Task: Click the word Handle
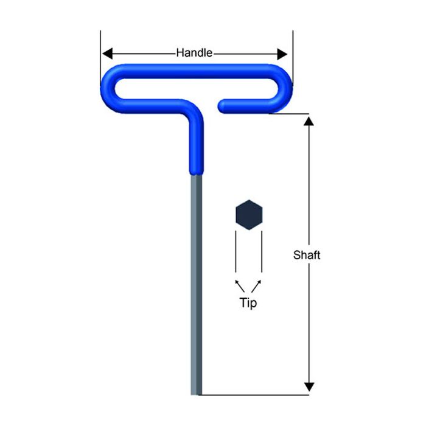coord(194,53)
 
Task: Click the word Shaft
coord(306,255)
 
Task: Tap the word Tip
coord(248,302)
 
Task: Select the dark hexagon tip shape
coord(248,215)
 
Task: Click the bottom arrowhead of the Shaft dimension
coord(309,386)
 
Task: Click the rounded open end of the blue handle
coord(223,105)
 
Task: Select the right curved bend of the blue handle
coord(284,89)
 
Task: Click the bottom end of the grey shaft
coord(195,392)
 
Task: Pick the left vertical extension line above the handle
coord(100,49)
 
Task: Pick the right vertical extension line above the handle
coord(293,49)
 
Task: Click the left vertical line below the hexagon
coord(236,253)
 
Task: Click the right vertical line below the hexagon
coord(262,253)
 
